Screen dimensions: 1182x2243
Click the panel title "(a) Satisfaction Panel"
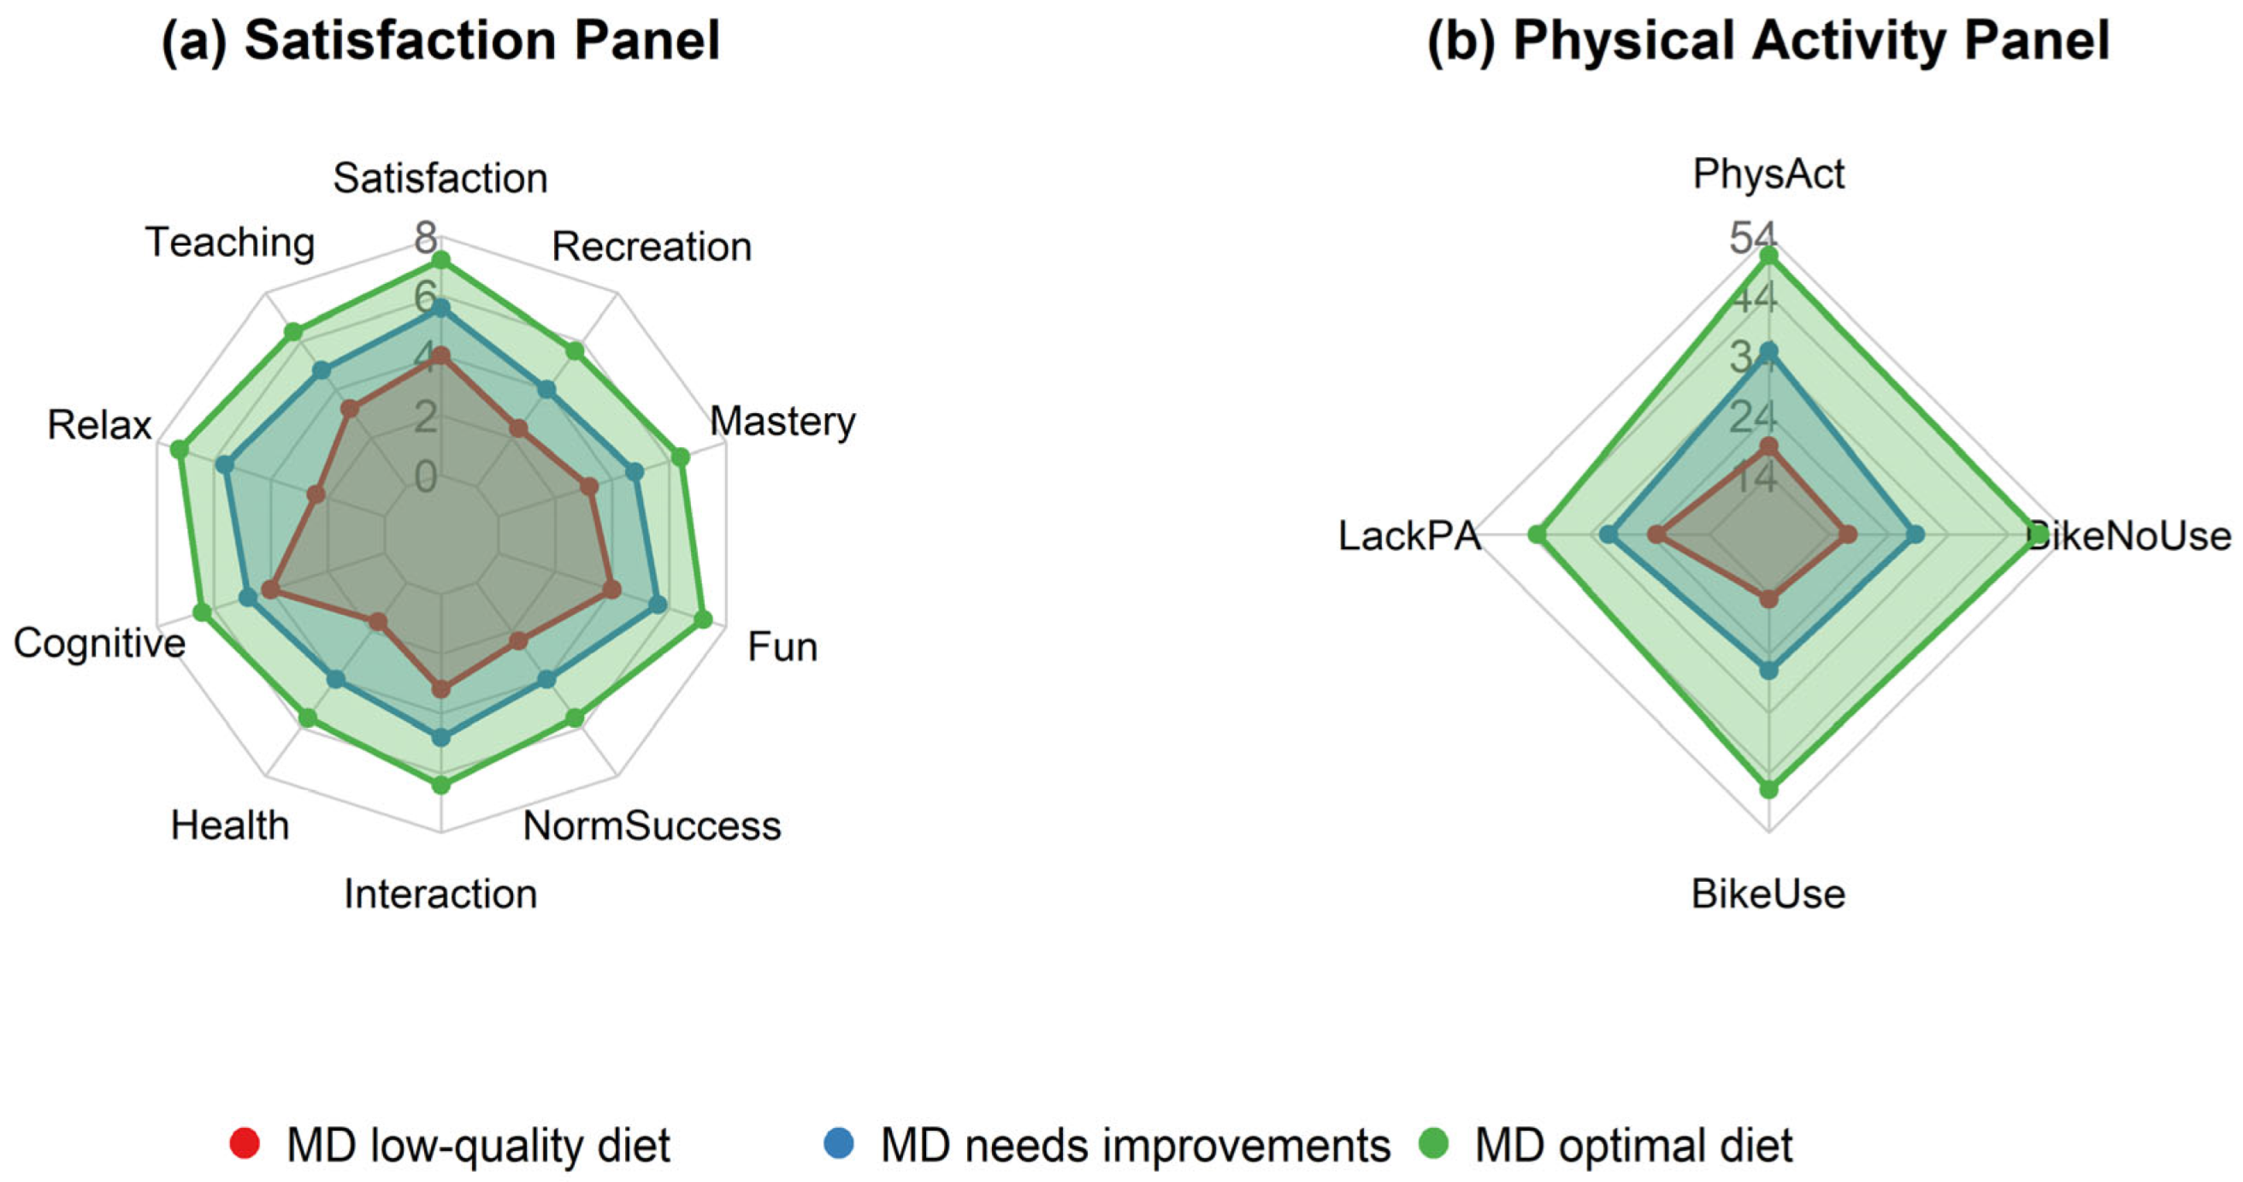coord(440,41)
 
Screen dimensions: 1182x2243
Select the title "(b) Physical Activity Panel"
coord(1768,41)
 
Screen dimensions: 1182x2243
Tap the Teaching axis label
coord(230,242)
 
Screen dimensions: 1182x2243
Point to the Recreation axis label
coord(652,247)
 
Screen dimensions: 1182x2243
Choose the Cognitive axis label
coord(99,644)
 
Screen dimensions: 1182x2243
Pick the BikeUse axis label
coord(1768,895)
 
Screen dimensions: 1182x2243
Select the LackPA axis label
coord(1409,536)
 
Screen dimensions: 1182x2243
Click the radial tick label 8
coord(426,237)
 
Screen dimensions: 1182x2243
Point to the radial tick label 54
coord(1753,237)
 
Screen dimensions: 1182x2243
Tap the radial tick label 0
coord(426,477)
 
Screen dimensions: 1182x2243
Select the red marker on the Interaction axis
coord(441,690)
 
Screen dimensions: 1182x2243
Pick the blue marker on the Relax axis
coord(225,466)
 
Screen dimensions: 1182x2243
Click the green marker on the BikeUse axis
coord(1768,790)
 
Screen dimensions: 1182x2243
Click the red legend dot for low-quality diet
coord(245,1144)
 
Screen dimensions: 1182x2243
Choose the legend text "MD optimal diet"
coord(1633,1145)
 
